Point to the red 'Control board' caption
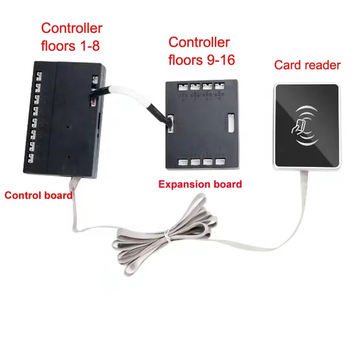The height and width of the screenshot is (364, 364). coord(38,196)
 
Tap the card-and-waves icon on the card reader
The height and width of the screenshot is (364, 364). coord(302,126)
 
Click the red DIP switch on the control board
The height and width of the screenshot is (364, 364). coord(93,103)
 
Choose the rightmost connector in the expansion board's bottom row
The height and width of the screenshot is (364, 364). coord(221,162)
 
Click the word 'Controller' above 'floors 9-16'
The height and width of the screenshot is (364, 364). coord(199,42)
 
